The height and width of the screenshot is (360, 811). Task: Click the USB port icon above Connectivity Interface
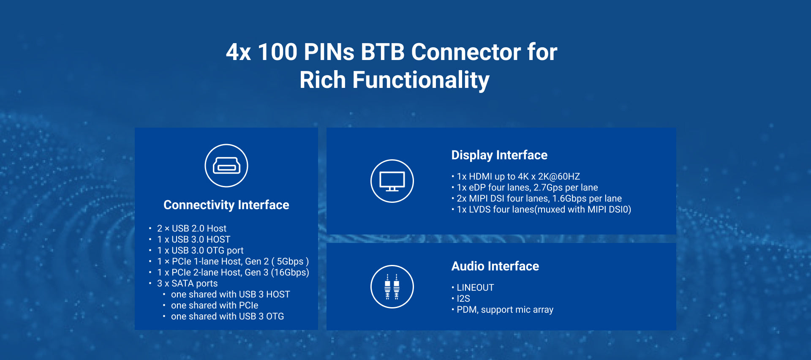click(x=226, y=166)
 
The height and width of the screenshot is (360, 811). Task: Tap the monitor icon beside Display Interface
click(x=392, y=181)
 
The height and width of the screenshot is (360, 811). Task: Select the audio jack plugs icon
click(x=392, y=286)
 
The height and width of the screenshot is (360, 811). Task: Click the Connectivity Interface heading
click(x=226, y=205)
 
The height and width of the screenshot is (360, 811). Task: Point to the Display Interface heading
click(x=499, y=155)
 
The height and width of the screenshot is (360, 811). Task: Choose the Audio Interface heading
click(x=495, y=266)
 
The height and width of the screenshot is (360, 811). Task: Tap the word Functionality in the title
click(x=421, y=80)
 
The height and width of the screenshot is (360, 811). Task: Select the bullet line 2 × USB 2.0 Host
click(x=192, y=229)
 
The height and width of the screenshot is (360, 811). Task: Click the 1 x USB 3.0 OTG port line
click(x=200, y=251)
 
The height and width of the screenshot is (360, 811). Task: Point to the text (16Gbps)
click(x=290, y=273)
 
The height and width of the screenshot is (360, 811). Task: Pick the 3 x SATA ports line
click(x=188, y=284)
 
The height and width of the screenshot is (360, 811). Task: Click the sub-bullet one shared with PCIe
click(x=215, y=305)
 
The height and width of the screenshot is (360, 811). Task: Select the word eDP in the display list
click(x=477, y=188)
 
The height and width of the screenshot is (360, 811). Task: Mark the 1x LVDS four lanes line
click(x=544, y=210)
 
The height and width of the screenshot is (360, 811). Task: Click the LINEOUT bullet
click(x=475, y=288)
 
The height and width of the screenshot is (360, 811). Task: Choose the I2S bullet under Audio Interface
click(x=463, y=299)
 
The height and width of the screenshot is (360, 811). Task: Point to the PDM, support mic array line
click(x=505, y=310)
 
